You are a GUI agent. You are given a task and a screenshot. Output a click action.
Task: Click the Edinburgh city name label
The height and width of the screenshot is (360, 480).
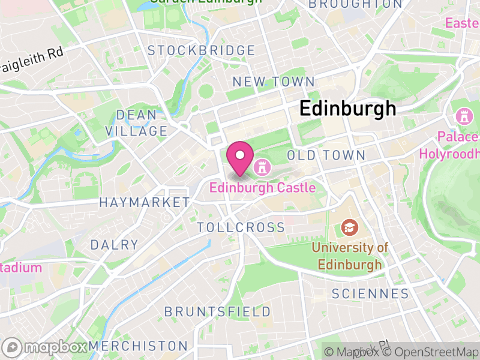pos(347,109)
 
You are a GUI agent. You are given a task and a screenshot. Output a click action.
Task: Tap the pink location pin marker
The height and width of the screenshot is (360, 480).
pos(240,158)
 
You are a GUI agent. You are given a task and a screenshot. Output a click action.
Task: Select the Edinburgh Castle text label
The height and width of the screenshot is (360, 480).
pos(262,188)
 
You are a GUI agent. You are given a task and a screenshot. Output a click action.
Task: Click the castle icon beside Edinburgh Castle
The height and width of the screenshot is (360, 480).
pos(262,166)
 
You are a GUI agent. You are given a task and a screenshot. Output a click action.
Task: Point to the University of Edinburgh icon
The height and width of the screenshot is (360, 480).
pos(349,227)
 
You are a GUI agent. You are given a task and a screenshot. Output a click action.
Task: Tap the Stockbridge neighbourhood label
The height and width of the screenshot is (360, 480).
pos(202,50)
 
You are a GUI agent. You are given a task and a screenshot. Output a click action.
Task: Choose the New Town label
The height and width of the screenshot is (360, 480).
pos(273,82)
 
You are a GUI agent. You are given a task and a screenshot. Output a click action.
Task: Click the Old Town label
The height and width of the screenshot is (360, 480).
pos(326,155)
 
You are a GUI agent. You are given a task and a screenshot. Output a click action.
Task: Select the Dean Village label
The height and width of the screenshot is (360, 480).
pos(136,122)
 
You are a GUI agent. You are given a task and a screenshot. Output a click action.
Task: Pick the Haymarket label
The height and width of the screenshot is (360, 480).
pos(144,202)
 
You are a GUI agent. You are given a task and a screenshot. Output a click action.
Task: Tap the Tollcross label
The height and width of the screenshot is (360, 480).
pos(241,227)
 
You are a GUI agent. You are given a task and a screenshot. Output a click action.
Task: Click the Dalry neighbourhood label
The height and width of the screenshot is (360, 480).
pos(114,245)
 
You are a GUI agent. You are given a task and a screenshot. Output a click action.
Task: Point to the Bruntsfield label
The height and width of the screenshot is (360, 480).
pos(217,311)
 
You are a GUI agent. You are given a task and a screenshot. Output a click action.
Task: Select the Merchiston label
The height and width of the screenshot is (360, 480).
pos(138,346)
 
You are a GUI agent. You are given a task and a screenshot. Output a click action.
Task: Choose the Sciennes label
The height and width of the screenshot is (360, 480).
pos(370,293)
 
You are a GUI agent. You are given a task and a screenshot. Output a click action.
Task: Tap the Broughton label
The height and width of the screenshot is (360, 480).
pos(354,4)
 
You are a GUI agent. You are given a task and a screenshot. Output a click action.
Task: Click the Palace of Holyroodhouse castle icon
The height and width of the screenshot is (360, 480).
pos(464,115)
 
